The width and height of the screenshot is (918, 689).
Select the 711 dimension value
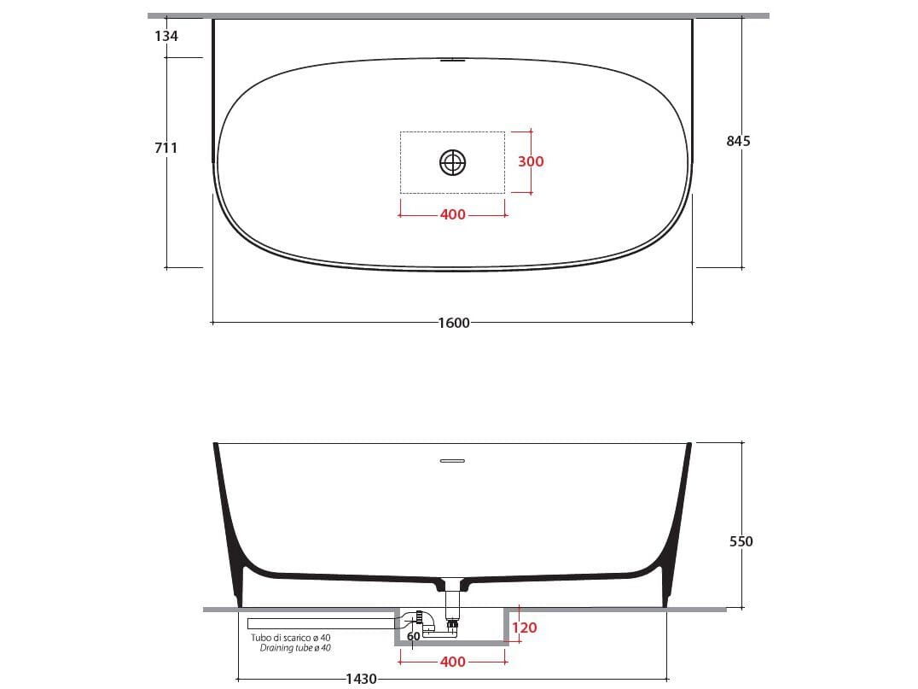166,148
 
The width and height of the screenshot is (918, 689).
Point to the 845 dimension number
738,141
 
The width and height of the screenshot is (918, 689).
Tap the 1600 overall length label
453,323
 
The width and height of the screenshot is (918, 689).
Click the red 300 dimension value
530,161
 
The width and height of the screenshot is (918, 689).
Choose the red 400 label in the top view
452,214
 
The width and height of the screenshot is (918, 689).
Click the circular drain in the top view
453,161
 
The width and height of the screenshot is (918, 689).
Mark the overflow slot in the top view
452,61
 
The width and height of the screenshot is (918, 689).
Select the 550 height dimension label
741,540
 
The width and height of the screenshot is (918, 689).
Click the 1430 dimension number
361,679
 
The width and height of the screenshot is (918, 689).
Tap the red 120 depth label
525,628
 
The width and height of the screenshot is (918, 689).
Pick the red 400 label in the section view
453,662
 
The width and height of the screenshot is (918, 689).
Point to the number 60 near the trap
413,636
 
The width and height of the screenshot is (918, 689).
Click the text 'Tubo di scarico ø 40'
290,638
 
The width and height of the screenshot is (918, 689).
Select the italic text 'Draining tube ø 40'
295,649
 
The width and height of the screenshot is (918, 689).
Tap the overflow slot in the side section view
452,461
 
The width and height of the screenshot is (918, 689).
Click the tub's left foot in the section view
239,589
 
